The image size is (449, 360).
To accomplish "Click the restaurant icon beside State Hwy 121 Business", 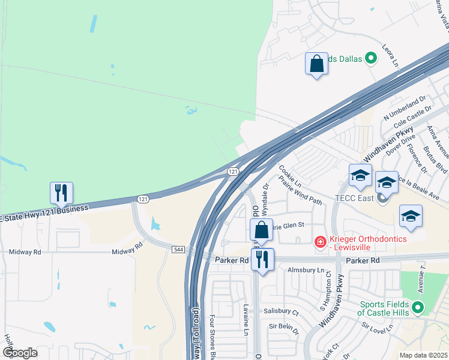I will [61, 193].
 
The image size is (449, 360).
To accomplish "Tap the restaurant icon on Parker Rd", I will [262, 259].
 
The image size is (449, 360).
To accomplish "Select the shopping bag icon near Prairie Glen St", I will [262, 230].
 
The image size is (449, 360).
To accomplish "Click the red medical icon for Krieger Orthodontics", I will [321, 242].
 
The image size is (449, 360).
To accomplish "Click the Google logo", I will [20, 352].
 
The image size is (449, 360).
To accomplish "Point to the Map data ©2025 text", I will [423, 355].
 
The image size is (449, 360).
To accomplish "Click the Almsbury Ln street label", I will [304, 272].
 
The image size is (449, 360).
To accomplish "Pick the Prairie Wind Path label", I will [304, 192].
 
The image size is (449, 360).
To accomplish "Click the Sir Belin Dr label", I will [284, 327].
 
